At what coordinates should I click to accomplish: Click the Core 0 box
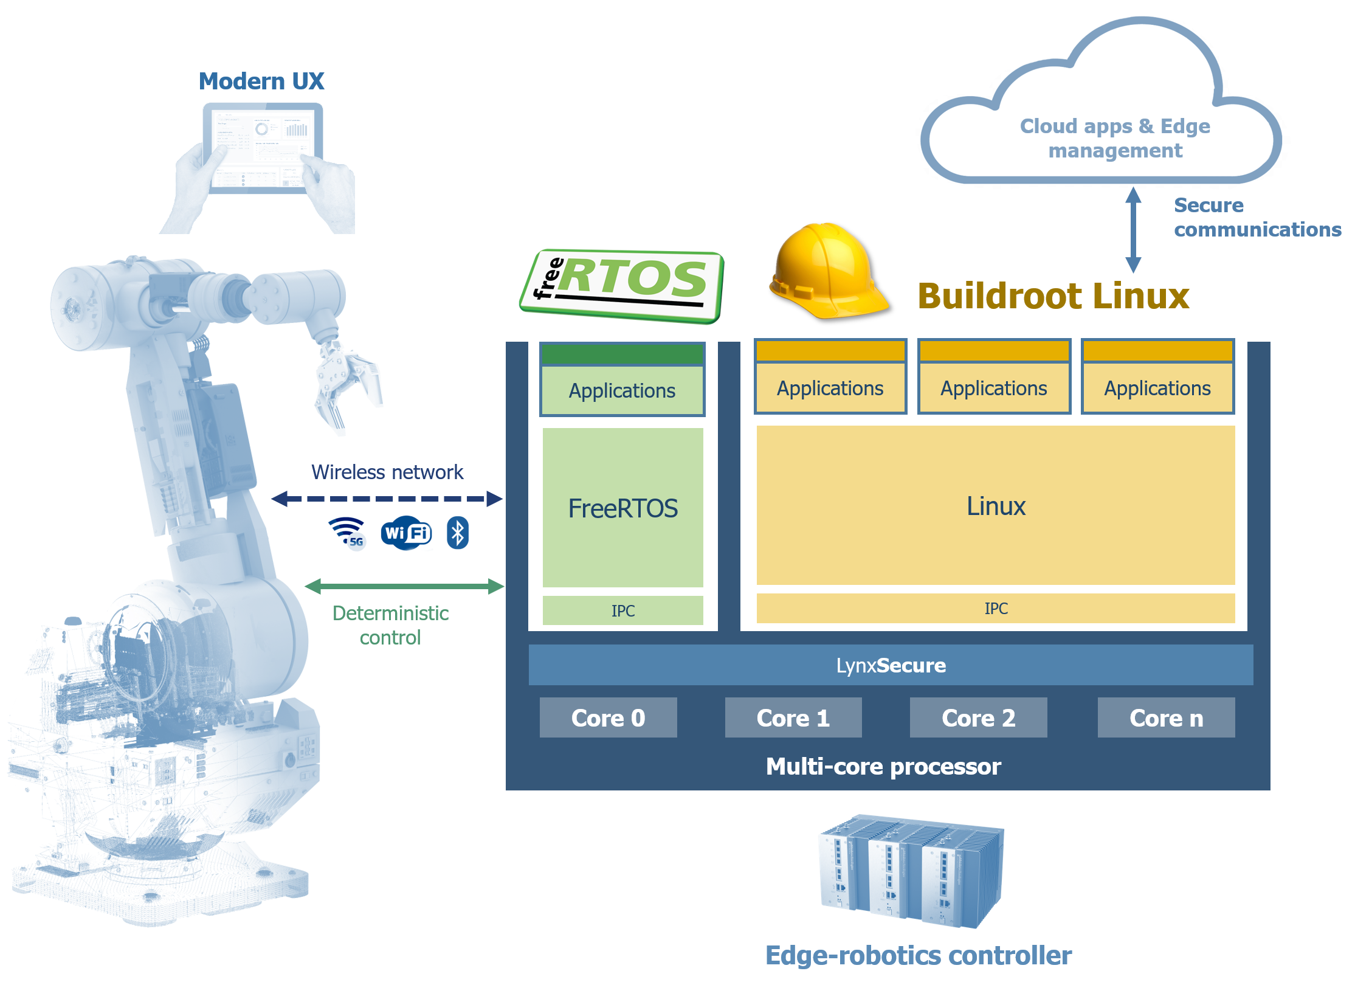[608, 718]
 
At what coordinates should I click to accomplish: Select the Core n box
[1166, 718]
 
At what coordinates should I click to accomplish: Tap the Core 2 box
[978, 718]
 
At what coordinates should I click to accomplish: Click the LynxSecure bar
[891, 665]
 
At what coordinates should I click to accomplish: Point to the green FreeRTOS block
[622, 508]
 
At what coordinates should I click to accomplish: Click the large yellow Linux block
[996, 506]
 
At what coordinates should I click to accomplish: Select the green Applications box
[622, 390]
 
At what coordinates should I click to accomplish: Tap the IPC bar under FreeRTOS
[622, 610]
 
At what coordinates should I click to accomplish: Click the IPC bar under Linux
[996, 608]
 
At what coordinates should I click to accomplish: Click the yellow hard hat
[825, 271]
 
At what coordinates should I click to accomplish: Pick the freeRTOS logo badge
[622, 286]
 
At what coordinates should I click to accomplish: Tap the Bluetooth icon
[458, 533]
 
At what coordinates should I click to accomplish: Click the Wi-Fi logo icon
[406, 533]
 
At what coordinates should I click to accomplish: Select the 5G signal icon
[349, 533]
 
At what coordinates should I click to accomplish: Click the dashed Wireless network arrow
[387, 499]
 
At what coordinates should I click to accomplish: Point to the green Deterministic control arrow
[404, 586]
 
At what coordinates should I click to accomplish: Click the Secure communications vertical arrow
[1133, 230]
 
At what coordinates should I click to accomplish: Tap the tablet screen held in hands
[263, 148]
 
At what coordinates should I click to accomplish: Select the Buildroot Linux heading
[1053, 297]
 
